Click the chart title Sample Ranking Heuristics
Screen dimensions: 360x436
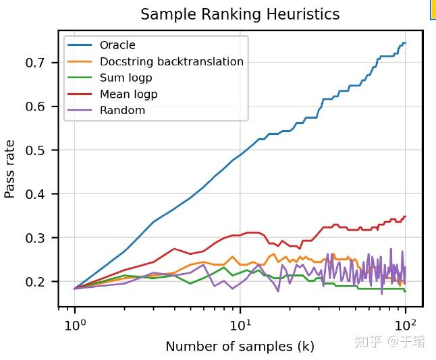pyautogui.click(x=240, y=14)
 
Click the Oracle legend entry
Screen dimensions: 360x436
pyautogui.click(x=117, y=45)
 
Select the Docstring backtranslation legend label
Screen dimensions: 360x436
pyautogui.click(x=171, y=61)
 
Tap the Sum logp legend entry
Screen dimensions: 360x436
pyautogui.click(x=126, y=78)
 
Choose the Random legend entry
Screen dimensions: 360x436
pyautogui.click(x=122, y=111)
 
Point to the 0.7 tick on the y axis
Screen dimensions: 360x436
pyautogui.click(x=40, y=63)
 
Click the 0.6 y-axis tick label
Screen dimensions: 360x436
pyautogui.click(x=40, y=107)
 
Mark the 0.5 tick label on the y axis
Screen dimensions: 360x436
pyautogui.click(x=40, y=150)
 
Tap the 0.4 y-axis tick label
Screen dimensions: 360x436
pyautogui.click(x=40, y=194)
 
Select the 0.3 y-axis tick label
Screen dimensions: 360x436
pyautogui.click(x=40, y=238)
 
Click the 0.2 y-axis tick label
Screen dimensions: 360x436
pyautogui.click(x=40, y=282)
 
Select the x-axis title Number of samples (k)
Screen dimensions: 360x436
pyautogui.click(x=240, y=347)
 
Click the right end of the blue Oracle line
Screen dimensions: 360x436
pyautogui.click(x=405, y=42)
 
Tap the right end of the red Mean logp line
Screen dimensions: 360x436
pyautogui.click(x=405, y=216)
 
